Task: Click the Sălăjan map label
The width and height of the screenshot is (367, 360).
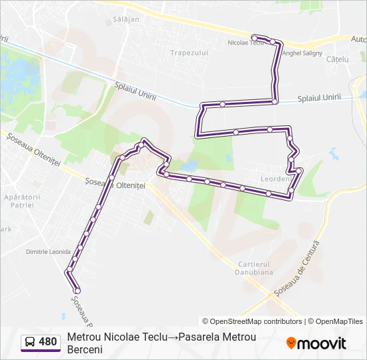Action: [127, 19]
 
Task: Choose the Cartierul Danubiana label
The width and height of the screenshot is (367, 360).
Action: [254, 268]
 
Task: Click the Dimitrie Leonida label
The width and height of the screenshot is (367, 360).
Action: [48, 252]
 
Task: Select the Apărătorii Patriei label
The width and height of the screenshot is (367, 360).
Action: [23, 201]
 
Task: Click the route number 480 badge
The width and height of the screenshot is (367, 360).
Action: [47, 342]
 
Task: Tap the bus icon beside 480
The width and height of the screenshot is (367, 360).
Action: [30, 342]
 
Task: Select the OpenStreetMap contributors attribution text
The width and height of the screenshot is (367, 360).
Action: [252, 321]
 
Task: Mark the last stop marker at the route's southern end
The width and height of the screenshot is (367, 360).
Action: [77, 291]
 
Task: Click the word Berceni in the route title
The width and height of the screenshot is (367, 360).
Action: [85, 349]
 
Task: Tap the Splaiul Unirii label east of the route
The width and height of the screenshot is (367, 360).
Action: [319, 97]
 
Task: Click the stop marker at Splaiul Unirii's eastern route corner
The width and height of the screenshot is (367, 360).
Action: [275, 101]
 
